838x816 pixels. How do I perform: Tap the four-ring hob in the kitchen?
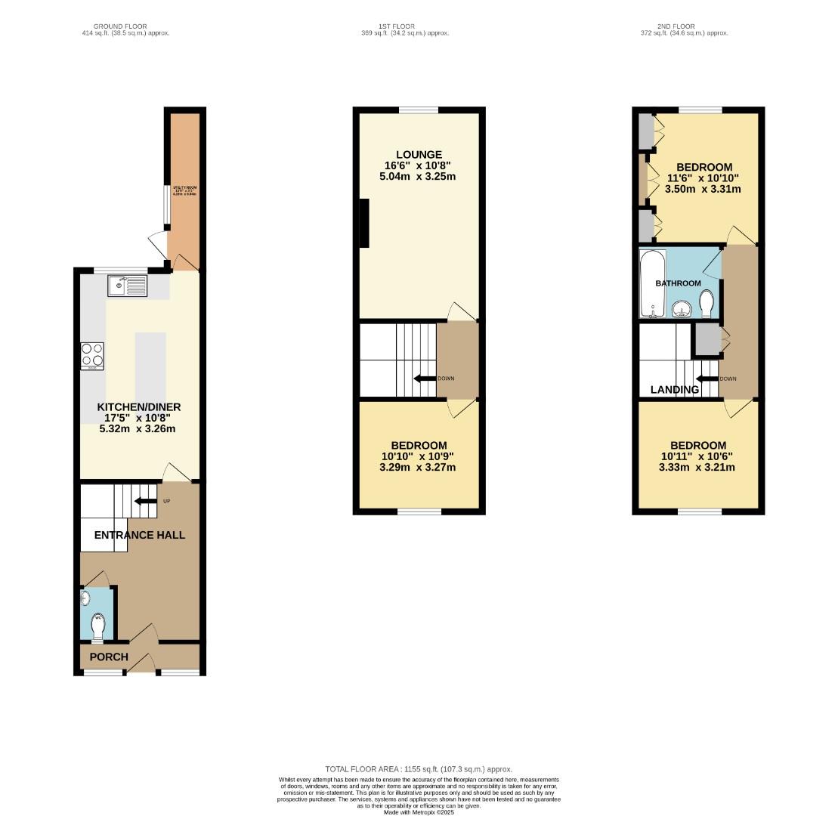tap(92, 356)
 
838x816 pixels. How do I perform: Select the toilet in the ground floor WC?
tap(97, 626)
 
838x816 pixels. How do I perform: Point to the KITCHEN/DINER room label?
tap(138, 406)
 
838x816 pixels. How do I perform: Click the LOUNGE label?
tap(419, 155)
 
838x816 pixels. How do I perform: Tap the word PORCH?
tap(109, 657)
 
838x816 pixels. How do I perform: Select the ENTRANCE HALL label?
tap(139, 535)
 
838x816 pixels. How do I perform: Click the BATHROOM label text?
tap(678, 283)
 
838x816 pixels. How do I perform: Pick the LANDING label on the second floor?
tap(675, 390)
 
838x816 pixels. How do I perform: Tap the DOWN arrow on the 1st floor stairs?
tap(425, 379)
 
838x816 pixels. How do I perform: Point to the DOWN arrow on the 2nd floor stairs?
tap(707, 379)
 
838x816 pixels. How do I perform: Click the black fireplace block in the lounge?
tap(363, 223)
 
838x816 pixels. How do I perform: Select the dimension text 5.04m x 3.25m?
tap(419, 177)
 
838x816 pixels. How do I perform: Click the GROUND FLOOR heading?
tap(115, 26)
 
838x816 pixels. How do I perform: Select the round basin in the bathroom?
tap(682, 308)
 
